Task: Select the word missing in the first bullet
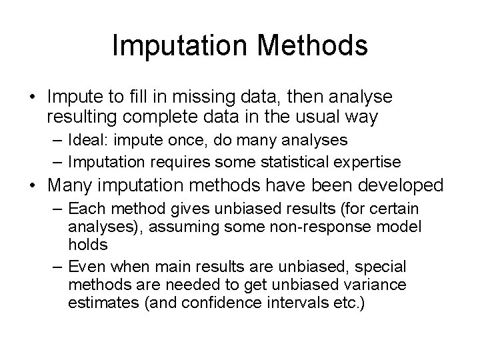231,97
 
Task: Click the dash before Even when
56,267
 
